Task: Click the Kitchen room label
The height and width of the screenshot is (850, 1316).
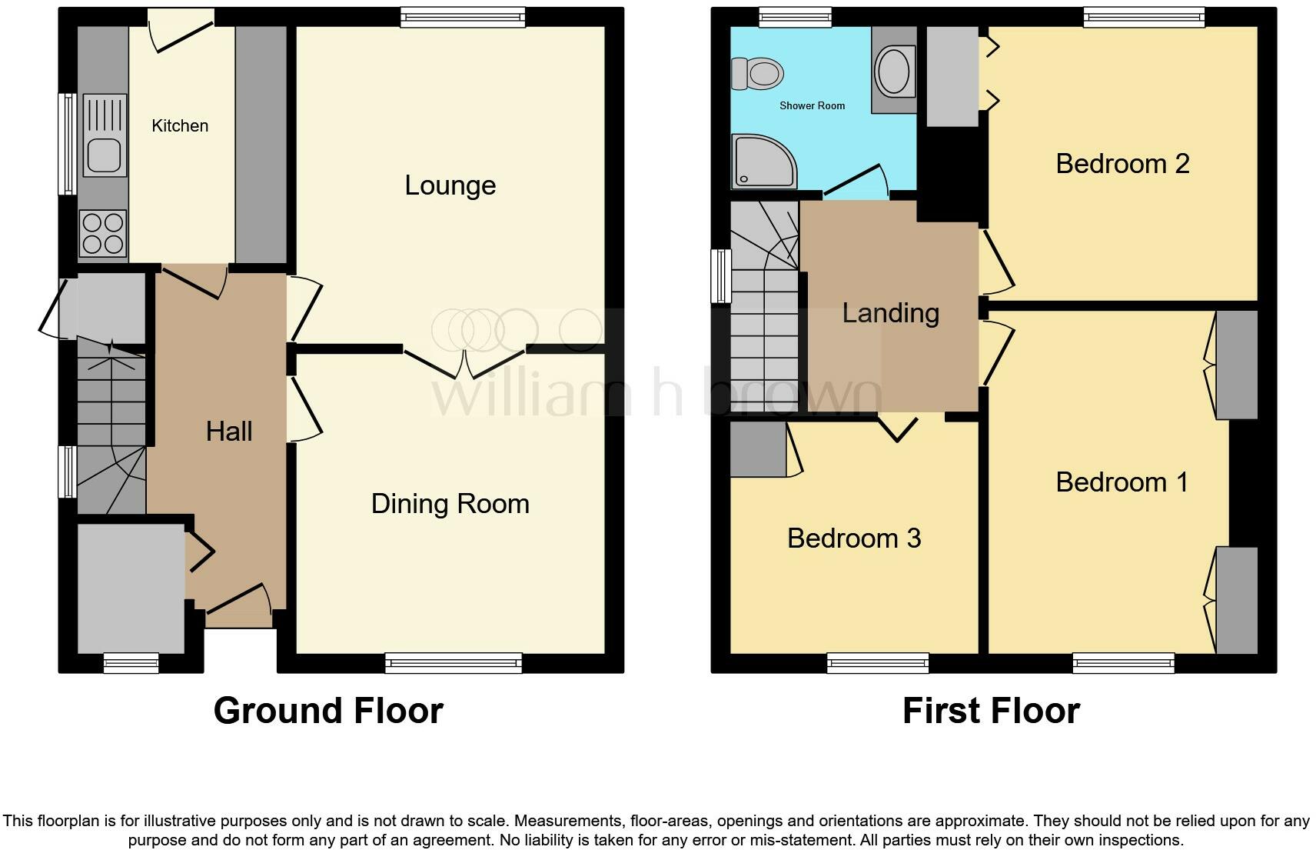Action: point(180,126)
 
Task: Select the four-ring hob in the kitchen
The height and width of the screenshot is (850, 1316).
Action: point(103,233)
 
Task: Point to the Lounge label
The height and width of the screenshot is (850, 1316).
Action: point(450,185)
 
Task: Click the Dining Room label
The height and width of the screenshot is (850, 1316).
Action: point(450,504)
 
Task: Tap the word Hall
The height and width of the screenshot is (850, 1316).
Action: point(229,432)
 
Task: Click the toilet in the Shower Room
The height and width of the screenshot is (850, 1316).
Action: point(757,74)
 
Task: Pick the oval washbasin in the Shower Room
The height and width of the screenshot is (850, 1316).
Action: point(894,72)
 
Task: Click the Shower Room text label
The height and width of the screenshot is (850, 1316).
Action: point(812,106)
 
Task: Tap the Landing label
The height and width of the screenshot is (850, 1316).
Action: point(891,314)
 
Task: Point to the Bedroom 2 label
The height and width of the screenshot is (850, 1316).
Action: point(1122,164)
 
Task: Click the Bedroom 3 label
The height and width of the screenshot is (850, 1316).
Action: point(854,538)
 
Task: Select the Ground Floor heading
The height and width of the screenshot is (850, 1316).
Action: point(328,711)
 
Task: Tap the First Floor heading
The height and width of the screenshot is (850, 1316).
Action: point(991,711)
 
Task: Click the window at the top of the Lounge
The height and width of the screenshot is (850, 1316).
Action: point(463,18)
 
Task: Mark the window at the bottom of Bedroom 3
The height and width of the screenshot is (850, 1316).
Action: point(878,663)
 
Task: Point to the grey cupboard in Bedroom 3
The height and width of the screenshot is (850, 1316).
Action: point(759,450)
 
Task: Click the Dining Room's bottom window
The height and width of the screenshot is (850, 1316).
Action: point(454,663)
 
